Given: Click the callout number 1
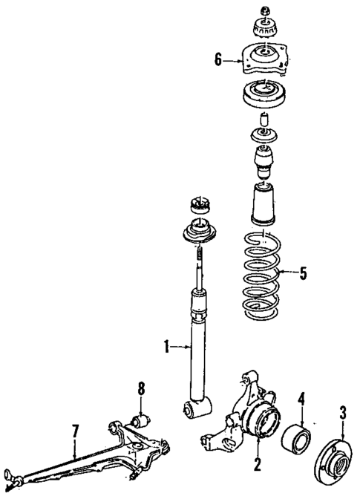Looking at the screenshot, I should tap(168, 344).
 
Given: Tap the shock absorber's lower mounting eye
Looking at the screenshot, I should tap(198, 407).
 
